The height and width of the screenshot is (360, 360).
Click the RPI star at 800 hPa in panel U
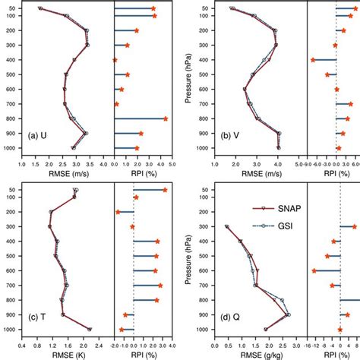pos(166,118)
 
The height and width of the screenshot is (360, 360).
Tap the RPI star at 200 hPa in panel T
pos(118,212)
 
